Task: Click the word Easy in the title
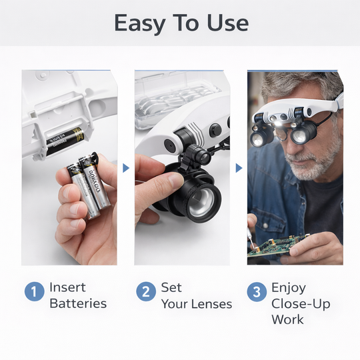click(x=139, y=23)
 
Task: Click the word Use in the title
click(x=229, y=23)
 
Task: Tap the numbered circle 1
click(x=35, y=291)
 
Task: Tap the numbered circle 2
click(x=146, y=291)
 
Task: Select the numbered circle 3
click(x=257, y=291)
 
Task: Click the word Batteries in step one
click(x=78, y=303)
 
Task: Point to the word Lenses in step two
click(x=209, y=304)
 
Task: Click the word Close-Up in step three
click(x=301, y=304)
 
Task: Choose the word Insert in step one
click(x=67, y=288)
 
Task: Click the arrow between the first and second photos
click(x=125, y=168)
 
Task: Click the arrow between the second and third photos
click(x=239, y=168)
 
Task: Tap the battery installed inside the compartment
click(x=65, y=141)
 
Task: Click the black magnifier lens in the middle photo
click(x=201, y=197)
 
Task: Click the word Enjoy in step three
click(x=288, y=288)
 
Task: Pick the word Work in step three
click(x=287, y=319)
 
